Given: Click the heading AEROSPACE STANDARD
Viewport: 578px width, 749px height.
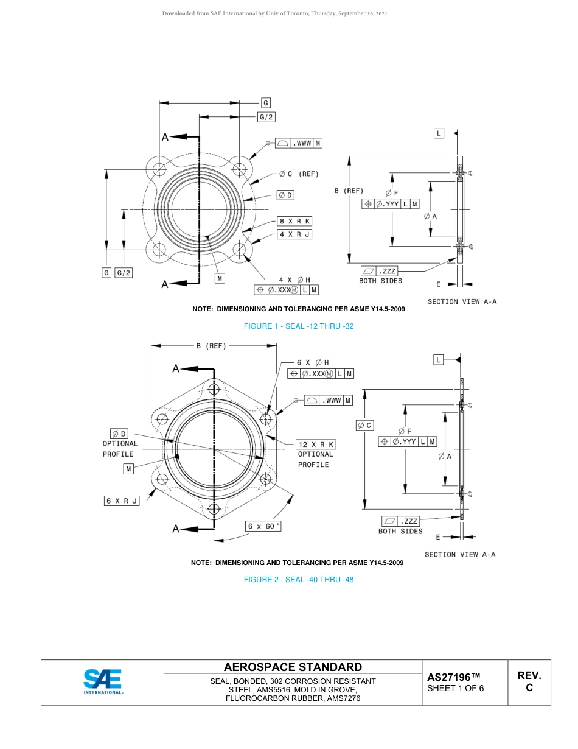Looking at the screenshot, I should coord(293,667).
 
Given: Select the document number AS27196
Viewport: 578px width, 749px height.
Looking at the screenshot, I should coord(453,677).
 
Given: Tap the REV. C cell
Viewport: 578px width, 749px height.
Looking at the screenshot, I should coord(529,682).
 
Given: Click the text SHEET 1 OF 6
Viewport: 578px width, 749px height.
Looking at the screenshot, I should coord(456,689).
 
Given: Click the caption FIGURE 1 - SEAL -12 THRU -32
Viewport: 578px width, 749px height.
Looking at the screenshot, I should coord(298,326).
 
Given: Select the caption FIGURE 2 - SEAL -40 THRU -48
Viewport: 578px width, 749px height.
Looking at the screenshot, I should coord(298,580).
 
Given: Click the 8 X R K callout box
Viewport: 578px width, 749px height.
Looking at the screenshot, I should coord(294,222).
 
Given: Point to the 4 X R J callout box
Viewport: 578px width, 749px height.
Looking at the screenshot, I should coord(294,234).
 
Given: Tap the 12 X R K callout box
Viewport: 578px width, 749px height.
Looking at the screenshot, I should coord(316,445).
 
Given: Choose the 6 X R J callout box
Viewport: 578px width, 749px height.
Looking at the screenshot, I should coord(122,501).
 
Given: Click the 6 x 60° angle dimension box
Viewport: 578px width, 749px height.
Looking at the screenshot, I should coord(263,526).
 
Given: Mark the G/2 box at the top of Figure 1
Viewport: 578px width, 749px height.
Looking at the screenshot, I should coord(266,117).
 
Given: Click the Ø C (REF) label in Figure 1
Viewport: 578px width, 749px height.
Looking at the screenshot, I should coord(299,174).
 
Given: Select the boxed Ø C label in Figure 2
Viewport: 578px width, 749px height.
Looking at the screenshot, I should coord(365,425).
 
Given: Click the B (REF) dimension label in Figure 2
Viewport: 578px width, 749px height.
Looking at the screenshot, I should coord(211,346).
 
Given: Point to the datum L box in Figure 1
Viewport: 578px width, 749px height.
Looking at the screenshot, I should coord(439,133).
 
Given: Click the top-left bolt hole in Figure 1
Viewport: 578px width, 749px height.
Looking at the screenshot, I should coord(159,168).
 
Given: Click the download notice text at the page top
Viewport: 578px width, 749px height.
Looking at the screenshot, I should coord(275,13).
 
